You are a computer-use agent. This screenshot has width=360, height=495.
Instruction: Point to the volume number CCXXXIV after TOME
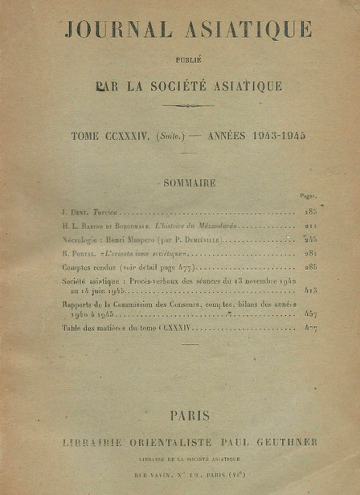point(129,137)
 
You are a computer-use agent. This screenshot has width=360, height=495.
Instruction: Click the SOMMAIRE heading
point(189,182)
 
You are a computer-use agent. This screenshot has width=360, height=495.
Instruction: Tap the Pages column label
point(307,196)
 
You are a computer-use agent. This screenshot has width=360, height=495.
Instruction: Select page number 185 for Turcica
point(310,213)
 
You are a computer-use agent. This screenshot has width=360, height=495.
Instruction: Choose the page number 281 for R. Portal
point(310,253)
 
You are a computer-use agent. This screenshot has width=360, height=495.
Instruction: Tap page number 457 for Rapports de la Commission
point(310,313)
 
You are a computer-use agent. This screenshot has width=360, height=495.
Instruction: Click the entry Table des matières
point(96,328)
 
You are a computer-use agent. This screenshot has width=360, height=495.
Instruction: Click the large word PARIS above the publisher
point(190,415)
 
